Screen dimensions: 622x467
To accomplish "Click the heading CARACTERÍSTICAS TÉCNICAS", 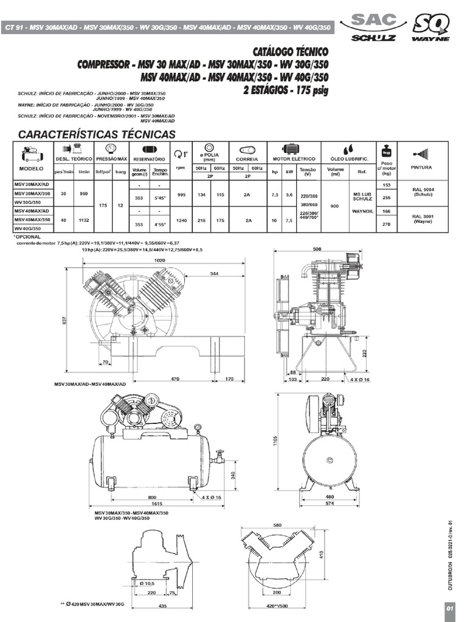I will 97,134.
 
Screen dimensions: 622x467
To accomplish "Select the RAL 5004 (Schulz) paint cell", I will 421,192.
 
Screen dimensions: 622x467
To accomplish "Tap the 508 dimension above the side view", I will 316,248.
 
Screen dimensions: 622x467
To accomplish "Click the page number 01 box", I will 450,609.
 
